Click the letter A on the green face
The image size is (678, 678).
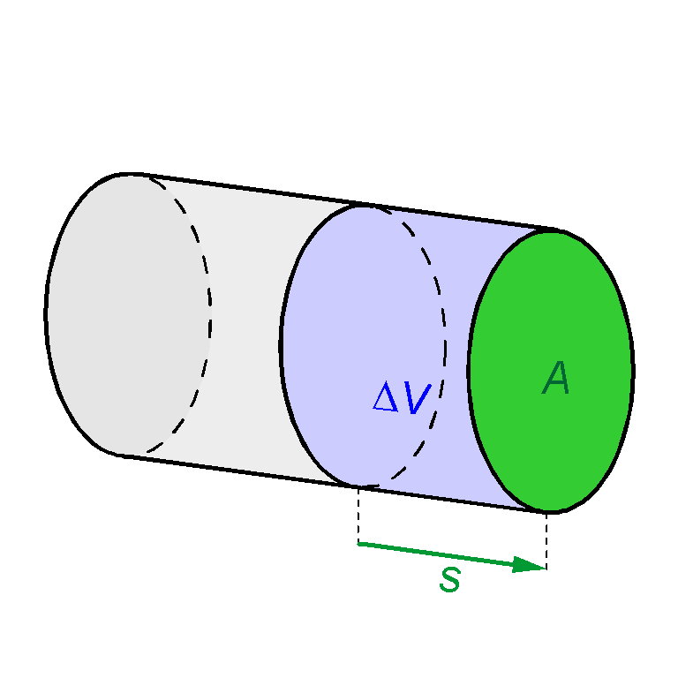click(x=556, y=378)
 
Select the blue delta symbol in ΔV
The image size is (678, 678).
click(x=386, y=396)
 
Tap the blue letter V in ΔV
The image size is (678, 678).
click(x=418, y=399)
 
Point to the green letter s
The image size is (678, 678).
click(x=450, y=579)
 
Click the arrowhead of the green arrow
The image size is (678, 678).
click(x=530, y=565)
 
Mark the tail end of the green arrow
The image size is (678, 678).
click(x=358, y=544)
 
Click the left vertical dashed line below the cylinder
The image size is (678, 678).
click(x=358, y=515)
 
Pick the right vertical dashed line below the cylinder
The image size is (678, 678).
click(x=546, y=540)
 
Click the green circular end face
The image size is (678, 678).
click(x=551, y=372)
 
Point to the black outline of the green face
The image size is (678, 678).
click(x=633, y=372)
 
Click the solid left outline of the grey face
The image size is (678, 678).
click(x=46, y=314)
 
